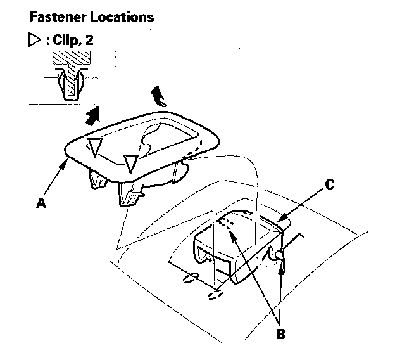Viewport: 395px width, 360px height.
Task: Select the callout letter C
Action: [329, 184]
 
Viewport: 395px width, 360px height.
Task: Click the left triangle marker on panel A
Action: [94, 148]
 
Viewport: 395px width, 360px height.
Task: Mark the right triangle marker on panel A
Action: [130, 164]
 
